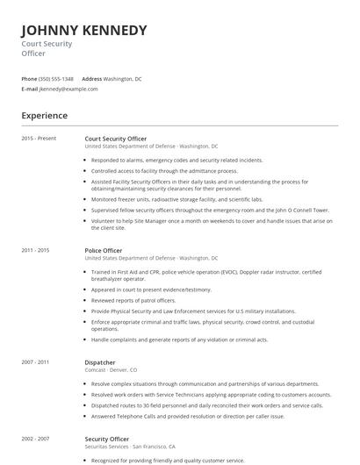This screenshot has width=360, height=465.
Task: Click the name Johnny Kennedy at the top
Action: [x=84, y=31]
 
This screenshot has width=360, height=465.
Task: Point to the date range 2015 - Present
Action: [x=39, y=138]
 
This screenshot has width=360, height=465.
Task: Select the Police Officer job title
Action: [x=104, y=250]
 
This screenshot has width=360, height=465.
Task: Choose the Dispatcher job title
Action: [x=101, y=362]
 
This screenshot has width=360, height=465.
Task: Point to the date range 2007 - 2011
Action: [x=35, y=362]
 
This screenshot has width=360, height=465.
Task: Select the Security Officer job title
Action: [x=107, y=438]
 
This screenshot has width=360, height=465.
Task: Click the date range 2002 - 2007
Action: [x=35, y=438]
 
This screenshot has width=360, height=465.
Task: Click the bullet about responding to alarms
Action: [x=176, y=161]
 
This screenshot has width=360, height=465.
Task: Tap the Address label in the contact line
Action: [x=91, y=78]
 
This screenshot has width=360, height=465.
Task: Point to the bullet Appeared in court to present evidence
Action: [x=151, y=290]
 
